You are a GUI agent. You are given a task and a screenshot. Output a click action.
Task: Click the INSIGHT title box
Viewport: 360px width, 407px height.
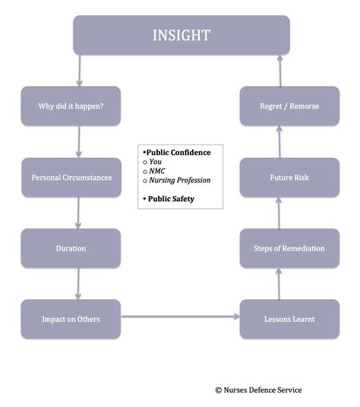[x=181, y=35]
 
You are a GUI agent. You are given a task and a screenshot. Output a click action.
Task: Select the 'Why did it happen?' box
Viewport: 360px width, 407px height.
[x=71, y=106]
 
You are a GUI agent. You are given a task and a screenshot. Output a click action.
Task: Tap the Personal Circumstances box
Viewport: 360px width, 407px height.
[x=71, y=178]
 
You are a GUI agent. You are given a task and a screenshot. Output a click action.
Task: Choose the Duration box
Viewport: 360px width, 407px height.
[x=71, y=248]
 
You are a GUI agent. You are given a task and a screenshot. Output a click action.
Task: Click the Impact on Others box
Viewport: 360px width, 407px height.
[x=71, y=319]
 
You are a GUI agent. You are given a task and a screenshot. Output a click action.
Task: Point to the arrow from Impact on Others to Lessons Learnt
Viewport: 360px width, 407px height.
[x=180, y=316]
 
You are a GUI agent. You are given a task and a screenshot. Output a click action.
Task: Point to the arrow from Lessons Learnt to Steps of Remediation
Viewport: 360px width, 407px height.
[x=279, y=284]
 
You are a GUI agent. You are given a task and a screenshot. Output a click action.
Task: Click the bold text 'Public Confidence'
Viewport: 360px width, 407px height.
[x=178, y=152]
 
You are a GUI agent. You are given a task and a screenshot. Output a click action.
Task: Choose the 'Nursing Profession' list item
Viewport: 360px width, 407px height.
[x=179, y=180]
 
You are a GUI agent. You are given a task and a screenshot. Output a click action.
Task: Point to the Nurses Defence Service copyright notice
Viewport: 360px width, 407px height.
[x=258, y=390]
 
